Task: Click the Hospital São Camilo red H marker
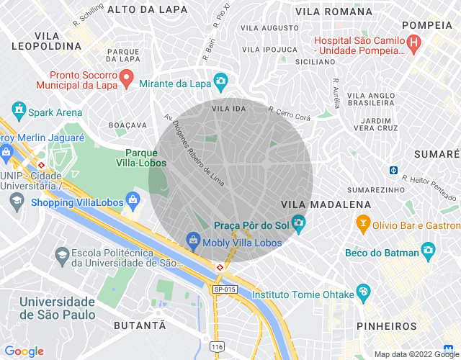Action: tap(413, 44)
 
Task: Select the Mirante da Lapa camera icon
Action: tap(220, 81)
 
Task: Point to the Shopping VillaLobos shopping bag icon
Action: tap(132, 199)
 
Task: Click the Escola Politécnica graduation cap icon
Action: tap(62, 255)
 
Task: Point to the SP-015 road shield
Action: tap(224, 289)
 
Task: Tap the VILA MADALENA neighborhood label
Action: tap(326, 204)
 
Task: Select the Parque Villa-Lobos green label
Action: tap(146, 158)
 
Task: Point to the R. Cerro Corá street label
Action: tap(289, 114)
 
